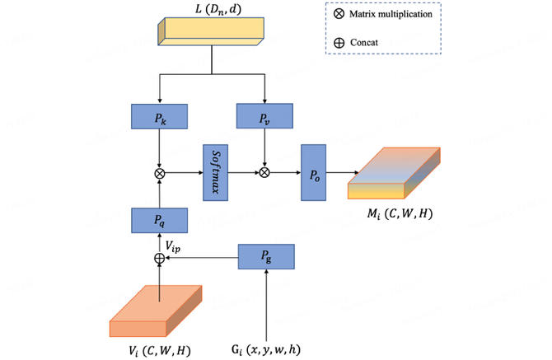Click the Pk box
click(160, 117)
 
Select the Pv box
click(264, 117)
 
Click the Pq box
click(160, 220)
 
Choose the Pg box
click(266, 258)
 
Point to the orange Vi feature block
click(156, 311)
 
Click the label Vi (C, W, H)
click(160, 349)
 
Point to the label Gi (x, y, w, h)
click(264, 349)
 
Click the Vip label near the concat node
click(179, 245)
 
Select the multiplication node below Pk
click(159, 173)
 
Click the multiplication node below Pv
click(264, 173)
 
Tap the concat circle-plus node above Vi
click(159, 259)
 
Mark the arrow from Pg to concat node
click(202, 259)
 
